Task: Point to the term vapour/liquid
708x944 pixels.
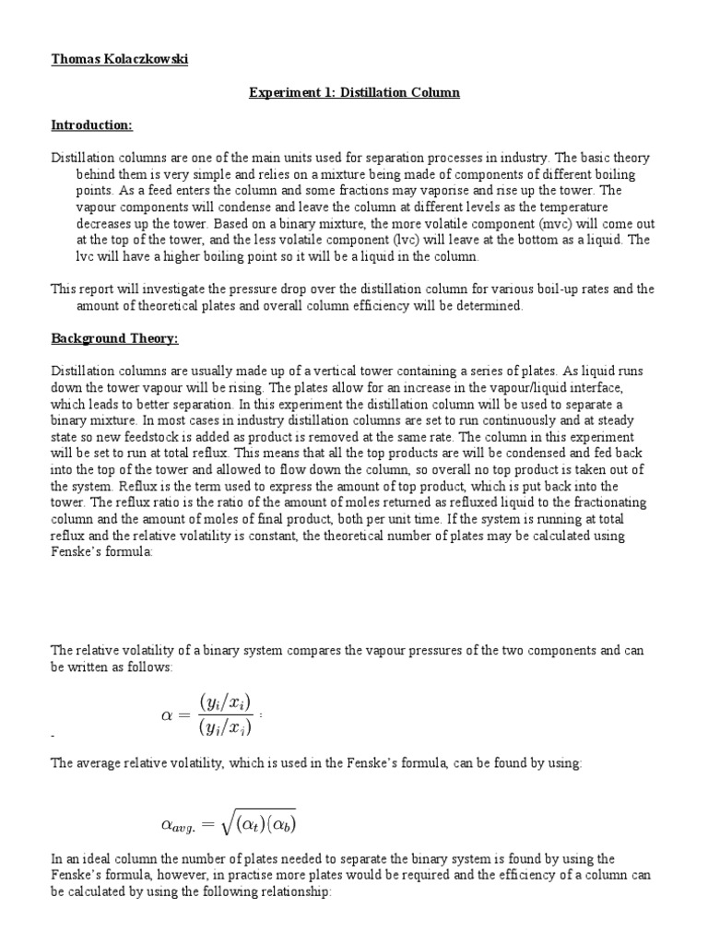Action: pyautogui.click(x=515, y=387)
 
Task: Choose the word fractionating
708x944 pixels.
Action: pyautogui.click(x=609, y=501)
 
